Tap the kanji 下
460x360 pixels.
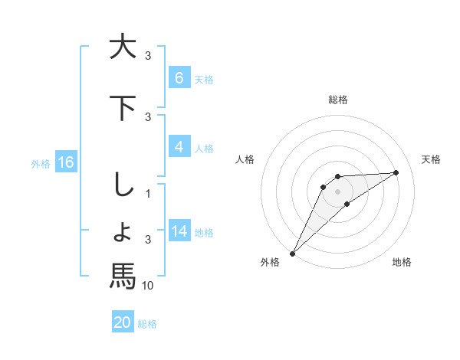(x=123, y=107)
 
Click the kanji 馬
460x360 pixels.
(x=123, y=276)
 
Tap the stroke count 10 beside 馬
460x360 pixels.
(x=149, y=286)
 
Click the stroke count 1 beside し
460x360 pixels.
(x=149, y=195)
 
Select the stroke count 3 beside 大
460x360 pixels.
(x=149, y=56)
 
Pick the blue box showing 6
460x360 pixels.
(x=179, y=78)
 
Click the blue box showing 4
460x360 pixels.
(x=179, y=148)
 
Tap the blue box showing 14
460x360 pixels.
(x=179, y=232)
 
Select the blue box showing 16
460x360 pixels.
(x=65, y=162)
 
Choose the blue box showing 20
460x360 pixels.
(x=123, y=322)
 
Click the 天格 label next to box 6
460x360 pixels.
(x=204, y=80)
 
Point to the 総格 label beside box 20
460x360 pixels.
(x=147, y=324)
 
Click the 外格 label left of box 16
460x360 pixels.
(x=40, y=163)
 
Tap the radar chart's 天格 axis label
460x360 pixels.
(x=431, y=159)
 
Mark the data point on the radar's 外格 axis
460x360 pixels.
(x=292, y=253)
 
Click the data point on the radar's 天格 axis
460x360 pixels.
(x=396, y=172)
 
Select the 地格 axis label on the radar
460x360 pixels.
(x=402, y=262)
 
